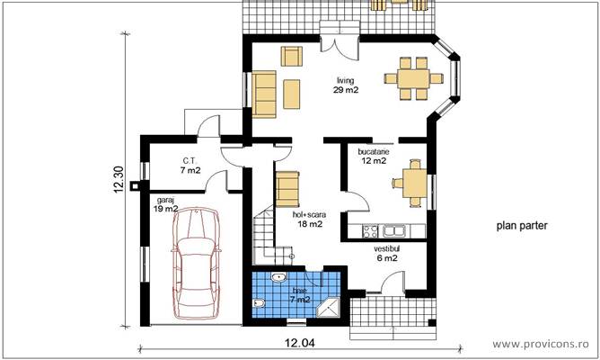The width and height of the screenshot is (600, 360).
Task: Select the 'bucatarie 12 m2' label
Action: (x=373, y=157)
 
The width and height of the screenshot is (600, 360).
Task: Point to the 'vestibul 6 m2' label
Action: (x=386, y=252)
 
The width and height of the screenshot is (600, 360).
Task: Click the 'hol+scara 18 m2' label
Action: (x=308, y=220)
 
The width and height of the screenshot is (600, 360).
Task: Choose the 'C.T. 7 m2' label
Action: (x=190, y=165)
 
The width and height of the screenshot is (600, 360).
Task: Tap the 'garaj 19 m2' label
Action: (x=165, y=203)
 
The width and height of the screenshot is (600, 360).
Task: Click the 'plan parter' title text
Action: (x=521, y=227)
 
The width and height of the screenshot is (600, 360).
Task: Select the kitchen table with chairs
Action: (x=412, y=182)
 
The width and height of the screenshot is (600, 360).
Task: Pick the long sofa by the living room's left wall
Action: (x=263, y=94)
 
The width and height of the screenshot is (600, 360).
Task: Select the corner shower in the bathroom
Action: (x=331, y=306)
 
